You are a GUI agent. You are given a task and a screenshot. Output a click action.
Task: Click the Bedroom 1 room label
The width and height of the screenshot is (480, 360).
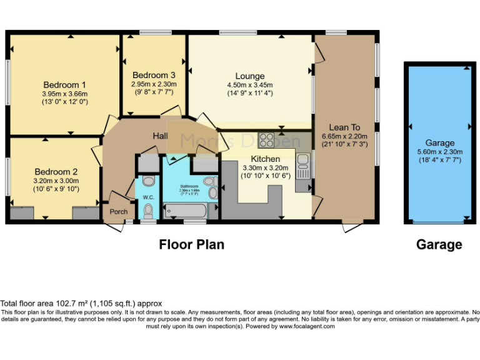(x=64, y=85)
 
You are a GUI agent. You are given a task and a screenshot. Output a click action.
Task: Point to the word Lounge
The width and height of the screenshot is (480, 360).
(x=249, y=76)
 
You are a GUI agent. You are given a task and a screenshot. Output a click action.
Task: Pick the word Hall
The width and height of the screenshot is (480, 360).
(x=161, y=136)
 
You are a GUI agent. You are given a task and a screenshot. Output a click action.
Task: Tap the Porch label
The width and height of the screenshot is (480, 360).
(x=118, y=211)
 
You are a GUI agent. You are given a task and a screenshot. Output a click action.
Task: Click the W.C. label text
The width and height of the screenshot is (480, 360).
(x=147, y=197)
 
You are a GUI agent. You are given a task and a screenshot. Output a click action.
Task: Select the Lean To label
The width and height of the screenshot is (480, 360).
(x=344, y=127)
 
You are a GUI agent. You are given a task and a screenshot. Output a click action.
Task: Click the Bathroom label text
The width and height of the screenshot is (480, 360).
(x=189, y=186)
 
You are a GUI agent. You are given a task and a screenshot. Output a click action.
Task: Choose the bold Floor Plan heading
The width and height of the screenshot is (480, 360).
(x=191, y=244)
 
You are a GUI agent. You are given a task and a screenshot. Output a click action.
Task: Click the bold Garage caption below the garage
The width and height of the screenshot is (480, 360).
(x=439, y=244)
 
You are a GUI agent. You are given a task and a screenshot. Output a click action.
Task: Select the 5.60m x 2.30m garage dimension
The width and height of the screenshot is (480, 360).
(x=439, y=151)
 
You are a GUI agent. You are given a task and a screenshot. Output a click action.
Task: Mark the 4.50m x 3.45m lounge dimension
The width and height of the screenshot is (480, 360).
(x=249, y=85)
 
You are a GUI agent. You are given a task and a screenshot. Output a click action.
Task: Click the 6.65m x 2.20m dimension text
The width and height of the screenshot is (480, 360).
(x=344, y=136)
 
